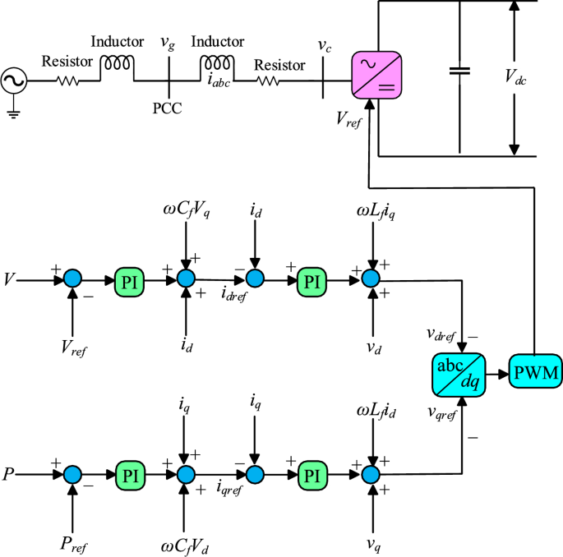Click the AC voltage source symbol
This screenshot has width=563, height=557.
(16, 81)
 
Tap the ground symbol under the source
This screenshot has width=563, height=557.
(13, 113)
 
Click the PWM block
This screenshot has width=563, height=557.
(534, 373)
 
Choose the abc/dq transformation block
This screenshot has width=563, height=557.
(459, 373)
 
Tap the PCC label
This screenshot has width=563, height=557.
(168, 108)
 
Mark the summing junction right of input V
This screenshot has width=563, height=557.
(74, 279)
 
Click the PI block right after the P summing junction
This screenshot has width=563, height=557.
(130, 474)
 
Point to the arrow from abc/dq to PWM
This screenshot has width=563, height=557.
(496, 373)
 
